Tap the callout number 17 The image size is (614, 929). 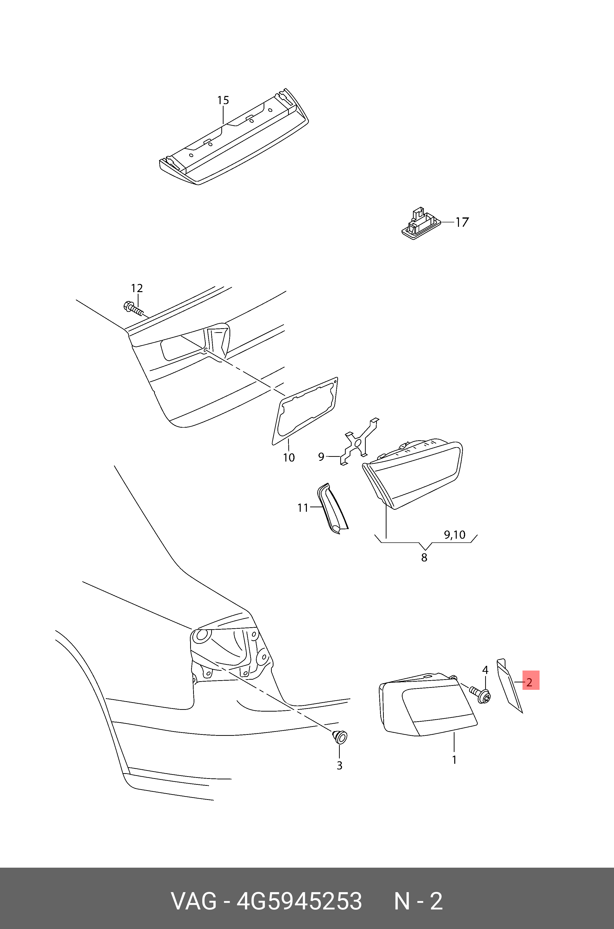coord(462,222)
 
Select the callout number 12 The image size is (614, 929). coord(137,288)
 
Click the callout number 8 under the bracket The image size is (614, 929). coord(424,558)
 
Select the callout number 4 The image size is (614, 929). coord(485,670)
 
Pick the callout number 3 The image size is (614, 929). coord(340,766)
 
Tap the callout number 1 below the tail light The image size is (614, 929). coord(454,760)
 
